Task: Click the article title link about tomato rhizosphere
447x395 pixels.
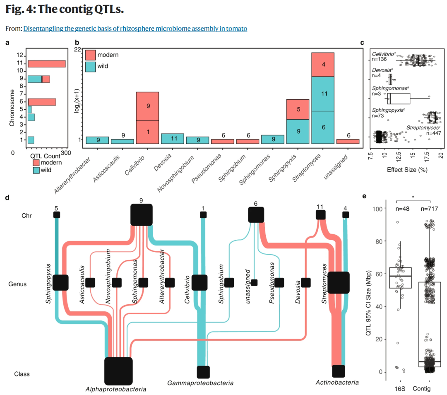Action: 135,29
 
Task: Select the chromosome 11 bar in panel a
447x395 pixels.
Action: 47,64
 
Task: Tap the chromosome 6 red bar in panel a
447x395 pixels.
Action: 42,102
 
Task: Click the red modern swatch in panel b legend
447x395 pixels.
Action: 90,55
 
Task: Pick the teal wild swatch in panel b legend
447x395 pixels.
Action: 90,67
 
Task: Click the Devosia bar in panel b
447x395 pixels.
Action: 173,139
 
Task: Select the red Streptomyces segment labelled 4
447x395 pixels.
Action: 323,65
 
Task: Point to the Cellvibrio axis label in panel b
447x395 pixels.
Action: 135,166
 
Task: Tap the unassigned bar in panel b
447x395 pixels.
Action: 348,142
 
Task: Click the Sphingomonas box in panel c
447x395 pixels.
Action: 399,99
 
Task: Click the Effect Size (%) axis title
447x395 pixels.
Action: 407,170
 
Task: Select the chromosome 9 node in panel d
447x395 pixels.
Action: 142,215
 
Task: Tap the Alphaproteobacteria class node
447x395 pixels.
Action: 118,371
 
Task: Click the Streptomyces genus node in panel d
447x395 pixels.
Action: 339,282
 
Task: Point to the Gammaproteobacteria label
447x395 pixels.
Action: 200,383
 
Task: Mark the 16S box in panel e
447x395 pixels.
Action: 400,278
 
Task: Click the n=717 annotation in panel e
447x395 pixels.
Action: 429,209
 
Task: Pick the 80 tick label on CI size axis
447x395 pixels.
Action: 379,241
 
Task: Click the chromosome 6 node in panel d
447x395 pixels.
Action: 256,215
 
